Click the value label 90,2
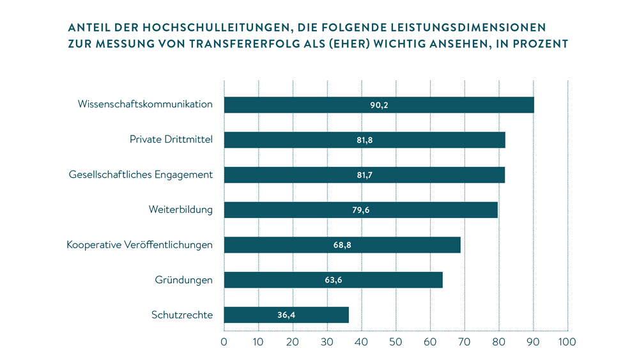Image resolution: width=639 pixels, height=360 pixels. pyautogui.click(x=379, y=105)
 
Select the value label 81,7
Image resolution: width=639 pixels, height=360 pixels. pyautogui.click(x=364, y=175)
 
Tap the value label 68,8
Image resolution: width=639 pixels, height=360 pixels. pyautogui.click(x=342, y=245)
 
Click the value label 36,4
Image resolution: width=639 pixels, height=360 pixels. pyautogui.click(x=286, y=315)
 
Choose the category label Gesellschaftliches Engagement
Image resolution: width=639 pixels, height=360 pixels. pyautogui.click(x=141, y=174)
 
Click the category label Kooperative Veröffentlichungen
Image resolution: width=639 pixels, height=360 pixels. pyautogui.click(x=139, y=244)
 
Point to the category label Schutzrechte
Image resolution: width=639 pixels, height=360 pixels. pyautogui.click(x=182, y=315)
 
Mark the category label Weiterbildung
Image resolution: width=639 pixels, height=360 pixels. pyautogui.click(x=181, y=209)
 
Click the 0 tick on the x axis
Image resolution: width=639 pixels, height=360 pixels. pyautogui.click(x=224, y=342)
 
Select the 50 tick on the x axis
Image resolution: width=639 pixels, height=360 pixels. pyautogui.click(x=396, y=342)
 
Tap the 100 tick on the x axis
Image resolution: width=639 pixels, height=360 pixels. pyautogui.click(x=567, y=342)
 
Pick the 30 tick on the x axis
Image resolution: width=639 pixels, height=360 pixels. pyautogui.click(x=327, y=342)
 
